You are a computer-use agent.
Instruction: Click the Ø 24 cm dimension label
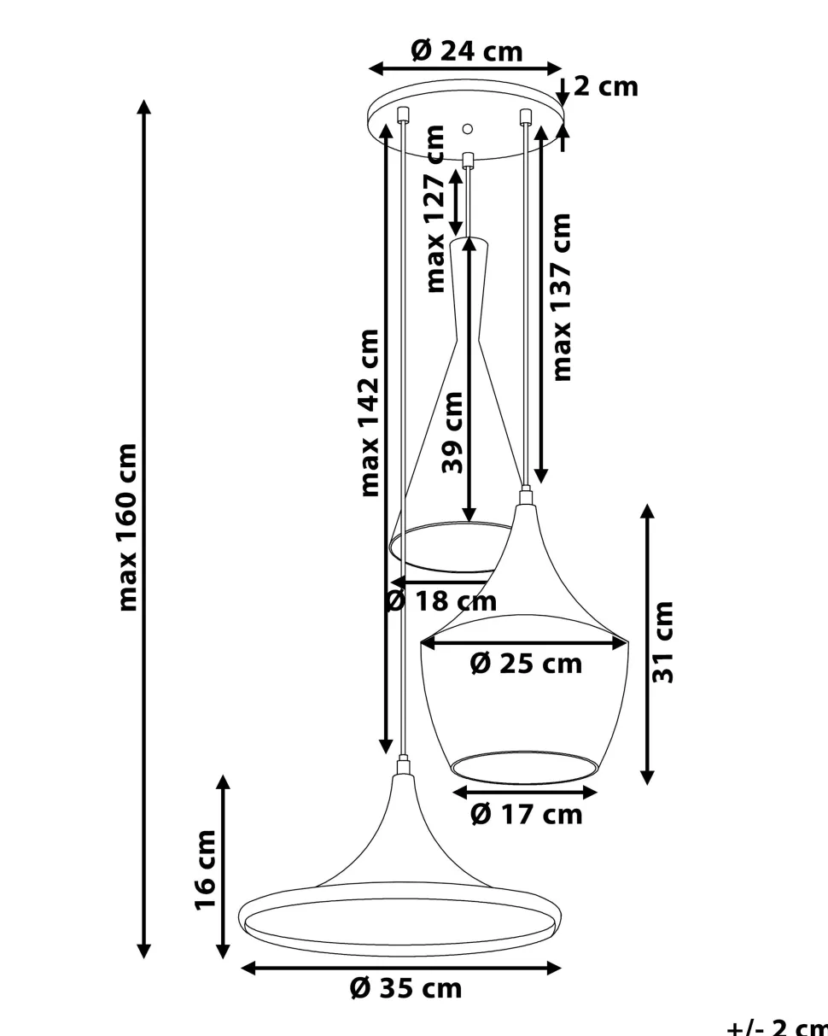pyautogui.click(x=466, y=50)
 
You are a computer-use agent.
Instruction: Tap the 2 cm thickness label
pyautogui.click(x=606, y=86)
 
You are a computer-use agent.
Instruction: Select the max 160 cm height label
pyautogui.click(x=127, y=527)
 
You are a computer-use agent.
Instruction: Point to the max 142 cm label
pyautogui.click(x=369, y=413)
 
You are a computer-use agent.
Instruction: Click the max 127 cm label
pyautogui.click(x=435, y=208)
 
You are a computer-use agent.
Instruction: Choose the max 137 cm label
pyautogui.click(x=561, y=297)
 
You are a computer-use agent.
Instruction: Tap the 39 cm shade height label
pyautogui.click(x=452, y=433)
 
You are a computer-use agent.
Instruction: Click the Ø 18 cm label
pyautogui.click(x=441, y=600)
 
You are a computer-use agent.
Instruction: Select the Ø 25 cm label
pyautogui.click(x=526, y=664)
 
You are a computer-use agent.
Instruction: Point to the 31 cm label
pyautogui.click(x=663, y=642)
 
